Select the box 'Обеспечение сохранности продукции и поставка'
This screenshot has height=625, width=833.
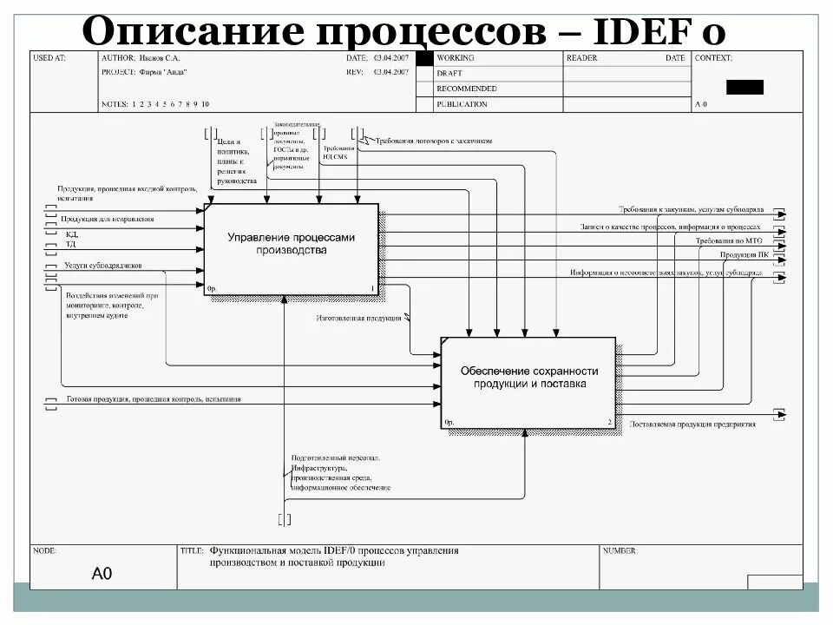point(528,382)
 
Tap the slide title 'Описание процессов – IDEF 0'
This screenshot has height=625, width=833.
point(403,30)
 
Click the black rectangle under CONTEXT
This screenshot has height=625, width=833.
point(744,87)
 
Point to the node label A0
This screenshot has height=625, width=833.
point(102,574)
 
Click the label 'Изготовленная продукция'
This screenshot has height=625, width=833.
point(358,319)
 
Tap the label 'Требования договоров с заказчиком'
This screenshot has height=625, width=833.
point(433,140)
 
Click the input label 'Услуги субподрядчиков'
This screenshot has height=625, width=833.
point(102,266)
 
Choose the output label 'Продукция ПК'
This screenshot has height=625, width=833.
point(744,255)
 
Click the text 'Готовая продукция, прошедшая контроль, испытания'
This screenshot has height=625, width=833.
point(154,399)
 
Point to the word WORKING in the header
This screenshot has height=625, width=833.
point(456,58)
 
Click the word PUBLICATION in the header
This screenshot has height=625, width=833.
point(462,104)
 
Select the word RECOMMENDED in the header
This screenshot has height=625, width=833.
point(467,89)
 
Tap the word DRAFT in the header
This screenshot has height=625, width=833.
point(449,74)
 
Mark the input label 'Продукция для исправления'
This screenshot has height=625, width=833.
point(107,219)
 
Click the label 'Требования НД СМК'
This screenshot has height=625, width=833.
point(338,154)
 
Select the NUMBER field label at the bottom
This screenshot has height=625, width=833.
point(620,550)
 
